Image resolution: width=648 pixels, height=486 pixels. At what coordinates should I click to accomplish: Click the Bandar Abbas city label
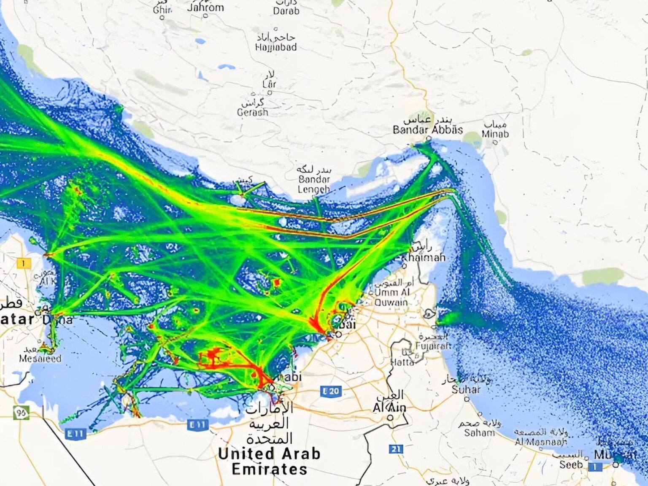click(427, 130)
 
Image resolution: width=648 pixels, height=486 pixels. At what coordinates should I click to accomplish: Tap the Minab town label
click(495, 134)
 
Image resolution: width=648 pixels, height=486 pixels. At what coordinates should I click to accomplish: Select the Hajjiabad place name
click(275, 47)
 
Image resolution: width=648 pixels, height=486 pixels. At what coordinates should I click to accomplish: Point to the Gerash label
click(252, 112)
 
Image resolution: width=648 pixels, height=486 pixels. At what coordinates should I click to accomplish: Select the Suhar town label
click(466, 389)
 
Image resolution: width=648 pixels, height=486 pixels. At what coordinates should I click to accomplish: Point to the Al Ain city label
click(389, 408)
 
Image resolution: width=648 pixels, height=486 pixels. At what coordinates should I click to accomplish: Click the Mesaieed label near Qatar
click(40, 359)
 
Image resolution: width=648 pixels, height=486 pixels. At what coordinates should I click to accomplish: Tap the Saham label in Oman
click(479, 432)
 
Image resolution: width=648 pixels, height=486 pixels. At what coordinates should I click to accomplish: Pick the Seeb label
click(570, 464)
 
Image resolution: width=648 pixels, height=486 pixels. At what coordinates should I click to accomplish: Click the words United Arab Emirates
click(269, 461)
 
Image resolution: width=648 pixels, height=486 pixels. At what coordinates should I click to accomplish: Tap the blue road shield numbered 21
click(395, 449)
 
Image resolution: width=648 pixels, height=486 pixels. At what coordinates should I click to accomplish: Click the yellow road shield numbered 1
click(24, 263)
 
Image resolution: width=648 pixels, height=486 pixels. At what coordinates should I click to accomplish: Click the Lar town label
click(269, 84)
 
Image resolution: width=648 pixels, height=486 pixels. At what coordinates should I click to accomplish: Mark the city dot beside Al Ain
click(390, 418)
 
